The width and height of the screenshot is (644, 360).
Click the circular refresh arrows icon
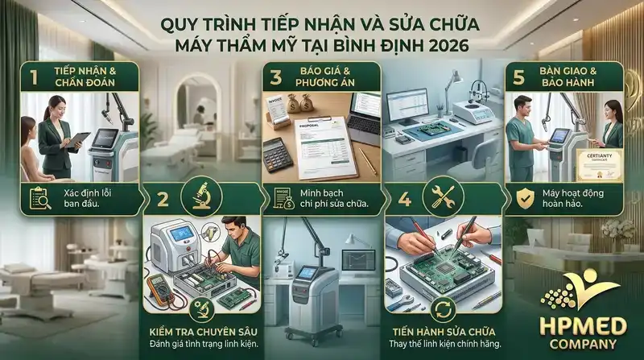(x=442, y=307)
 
